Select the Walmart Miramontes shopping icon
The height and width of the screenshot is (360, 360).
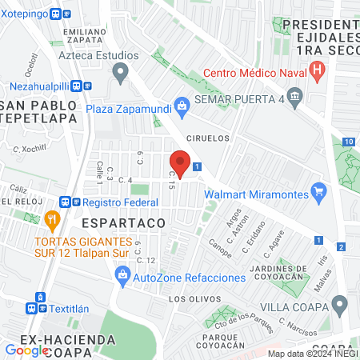pos(320,191)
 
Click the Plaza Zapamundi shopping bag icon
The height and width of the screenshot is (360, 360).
pos(182,104)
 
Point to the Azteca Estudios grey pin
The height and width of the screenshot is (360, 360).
pos(121,76)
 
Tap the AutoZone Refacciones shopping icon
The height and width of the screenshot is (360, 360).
pos(123,277)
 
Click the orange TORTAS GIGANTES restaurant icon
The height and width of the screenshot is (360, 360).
pos(52,218)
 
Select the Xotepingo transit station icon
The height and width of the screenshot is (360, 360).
pos(56,14)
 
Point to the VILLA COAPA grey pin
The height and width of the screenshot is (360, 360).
pos(339,305)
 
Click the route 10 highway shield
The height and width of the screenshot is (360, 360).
pos(347,142)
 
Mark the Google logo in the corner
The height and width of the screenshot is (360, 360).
pos(26,350)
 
